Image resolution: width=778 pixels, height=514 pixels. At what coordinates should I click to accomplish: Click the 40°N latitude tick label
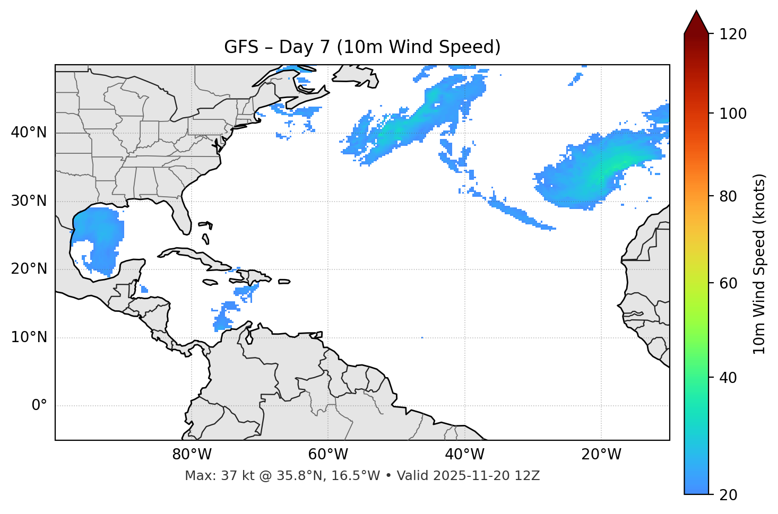pyautogui.click(x=29, y=133)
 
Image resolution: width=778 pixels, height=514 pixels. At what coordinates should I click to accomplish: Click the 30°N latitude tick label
pyautogui.click(x=29, y=201)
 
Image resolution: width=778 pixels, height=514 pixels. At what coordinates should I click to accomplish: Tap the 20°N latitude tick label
pyautogui.click(x=29, y=269)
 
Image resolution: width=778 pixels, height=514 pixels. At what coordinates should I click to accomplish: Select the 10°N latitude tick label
pyautogui.click(x=29, y=337)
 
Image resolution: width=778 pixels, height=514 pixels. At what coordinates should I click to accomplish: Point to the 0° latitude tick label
pyautogui.click(x=39, y=406)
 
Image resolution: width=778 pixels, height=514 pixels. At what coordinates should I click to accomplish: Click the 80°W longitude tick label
pyautogui.click(x=192, y=455)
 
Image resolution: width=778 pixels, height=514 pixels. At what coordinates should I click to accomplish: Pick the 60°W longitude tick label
pyautogui.click(x=328, y=455)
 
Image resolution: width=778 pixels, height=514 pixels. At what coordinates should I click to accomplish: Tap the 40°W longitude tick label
pyautogui.click(x=464, y=455)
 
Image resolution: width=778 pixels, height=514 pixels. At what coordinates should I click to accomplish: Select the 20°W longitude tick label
pyautogui.click(x=601, y=455)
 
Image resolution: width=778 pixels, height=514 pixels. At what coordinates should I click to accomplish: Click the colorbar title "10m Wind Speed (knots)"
pyautogui.click(x=759, y=264)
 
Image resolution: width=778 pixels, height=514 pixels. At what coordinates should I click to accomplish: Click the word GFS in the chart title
pyautogui.click(x=242, y=47)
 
